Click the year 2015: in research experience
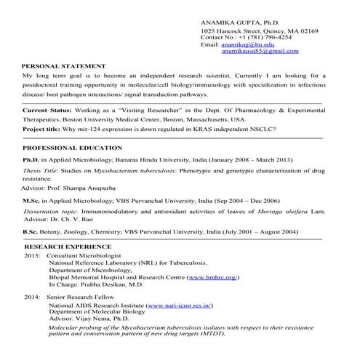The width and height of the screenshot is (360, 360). (x=32, y=257)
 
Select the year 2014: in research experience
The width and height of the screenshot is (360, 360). (x=32, y=298)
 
